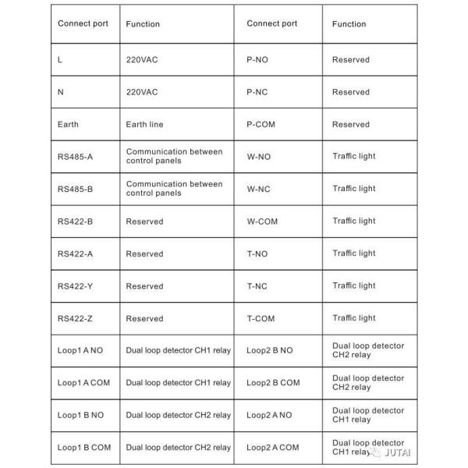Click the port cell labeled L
61,60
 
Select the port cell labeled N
61,92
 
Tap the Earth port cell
69,124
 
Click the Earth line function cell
145,124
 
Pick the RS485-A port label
75,157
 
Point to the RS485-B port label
75,189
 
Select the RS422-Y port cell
75,286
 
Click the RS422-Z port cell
75,318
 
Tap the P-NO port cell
259,59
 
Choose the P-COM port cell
263,124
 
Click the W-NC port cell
259,189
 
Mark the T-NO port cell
258,253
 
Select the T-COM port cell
261,318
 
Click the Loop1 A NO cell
80,350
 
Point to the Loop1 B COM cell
84,448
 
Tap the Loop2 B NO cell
270,350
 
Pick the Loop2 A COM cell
273,448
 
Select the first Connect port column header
83,23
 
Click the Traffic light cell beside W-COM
354,221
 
